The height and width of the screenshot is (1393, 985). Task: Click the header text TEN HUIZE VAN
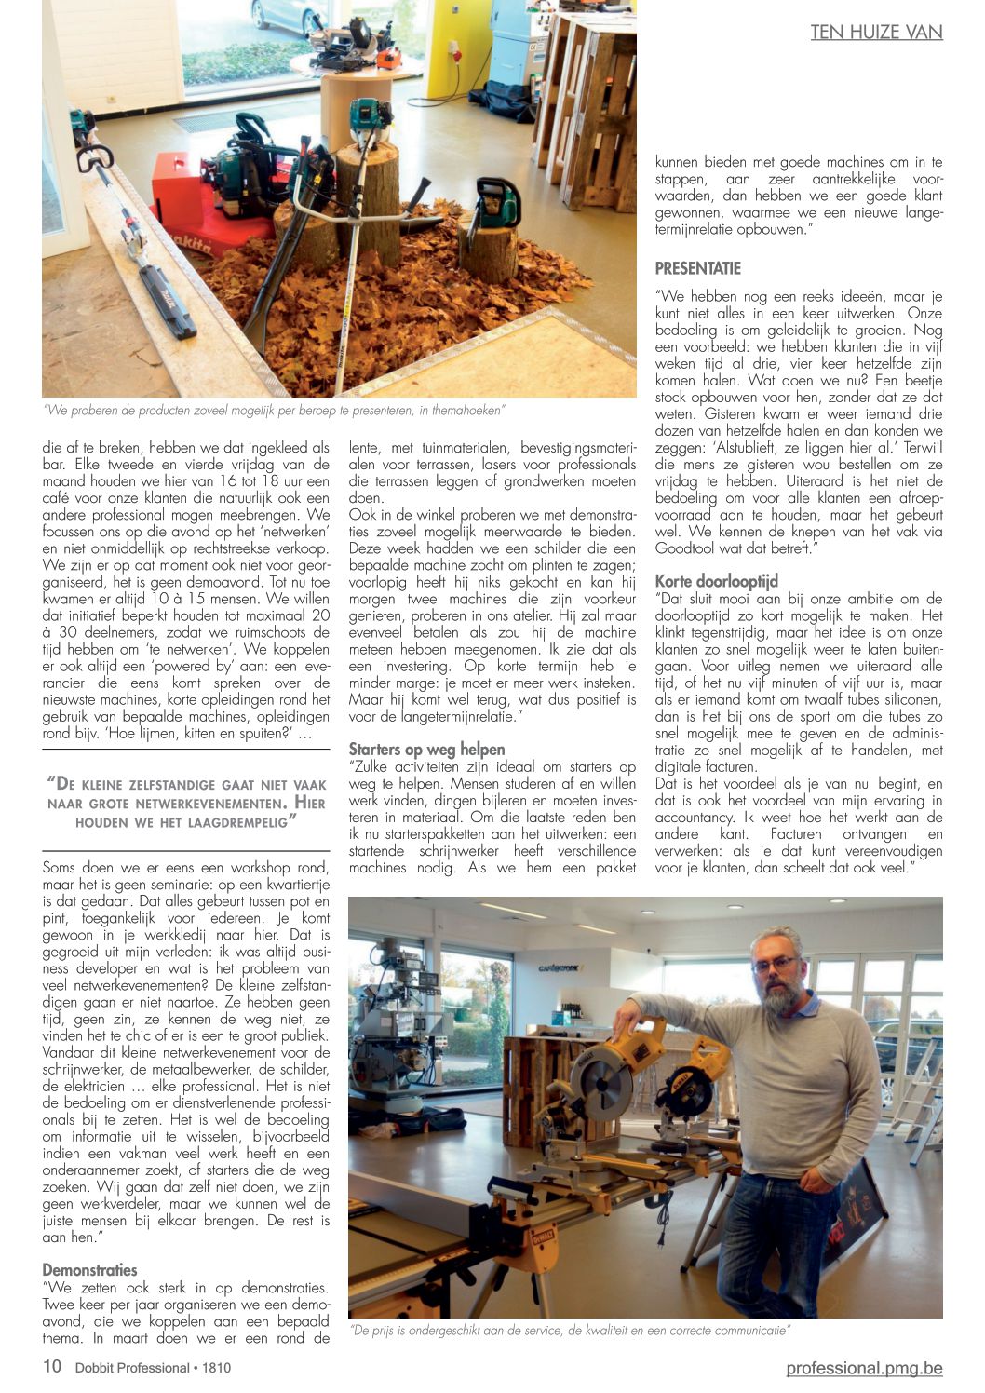[876, 33]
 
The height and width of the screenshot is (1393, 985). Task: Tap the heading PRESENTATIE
[698, 269]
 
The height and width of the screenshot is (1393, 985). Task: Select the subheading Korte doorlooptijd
[716, 581]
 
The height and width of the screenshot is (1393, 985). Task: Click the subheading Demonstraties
[89, 1270]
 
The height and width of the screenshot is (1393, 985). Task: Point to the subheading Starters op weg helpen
[426, 750]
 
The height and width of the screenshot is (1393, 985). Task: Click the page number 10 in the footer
[52, 1367]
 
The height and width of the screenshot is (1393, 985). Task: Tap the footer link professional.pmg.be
[864, 1368]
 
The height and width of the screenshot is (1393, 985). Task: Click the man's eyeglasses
[775, 965]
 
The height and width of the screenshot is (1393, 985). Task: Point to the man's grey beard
[779, 994]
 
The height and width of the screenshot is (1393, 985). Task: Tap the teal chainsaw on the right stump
[497, 202]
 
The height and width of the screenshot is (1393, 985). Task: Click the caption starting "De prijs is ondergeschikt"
[570, 1330]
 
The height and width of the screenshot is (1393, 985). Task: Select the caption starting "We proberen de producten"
[274, 410]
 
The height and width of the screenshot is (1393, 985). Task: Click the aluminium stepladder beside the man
[917, 1099]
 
